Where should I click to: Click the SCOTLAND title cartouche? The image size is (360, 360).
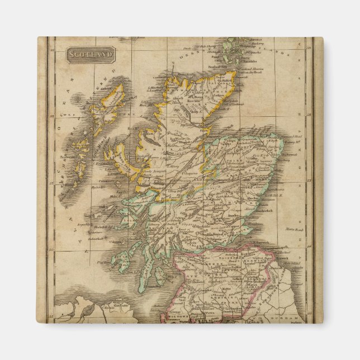(x=91, y=54)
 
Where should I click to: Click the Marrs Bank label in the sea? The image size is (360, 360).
(x=291, y=229)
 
